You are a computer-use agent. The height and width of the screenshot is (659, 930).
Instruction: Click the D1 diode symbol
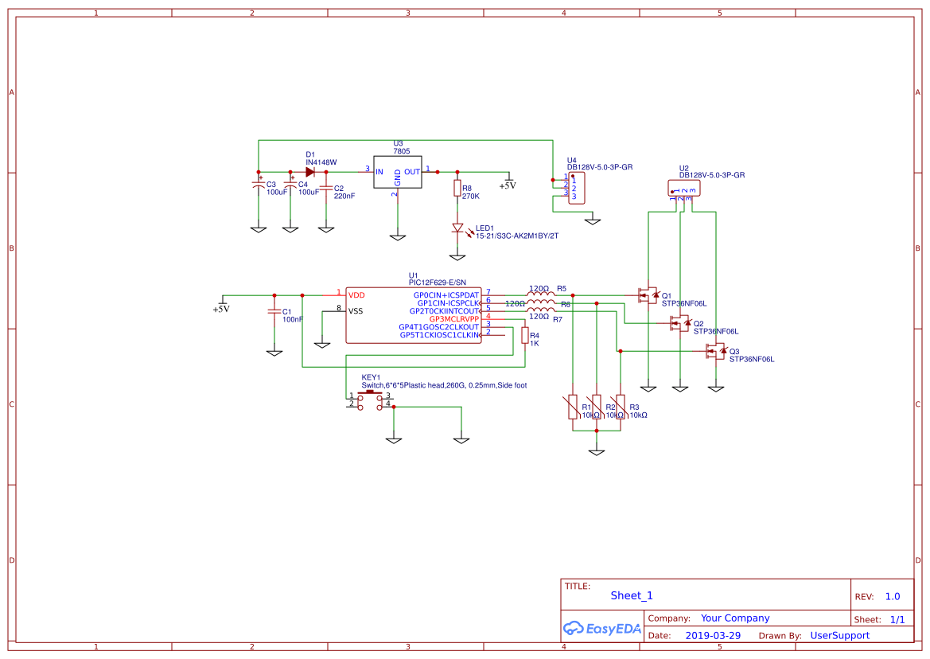(x=310, y=171)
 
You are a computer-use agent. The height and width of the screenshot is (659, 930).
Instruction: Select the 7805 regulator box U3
(x=397, y=171)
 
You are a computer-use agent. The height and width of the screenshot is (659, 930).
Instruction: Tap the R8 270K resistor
(x=457, y=189)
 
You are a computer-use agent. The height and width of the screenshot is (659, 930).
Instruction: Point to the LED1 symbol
(x=457, y=228)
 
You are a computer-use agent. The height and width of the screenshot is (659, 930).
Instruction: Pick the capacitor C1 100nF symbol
(x=274, y=311)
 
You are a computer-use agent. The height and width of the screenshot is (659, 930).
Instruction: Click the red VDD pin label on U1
(x=356, y=294)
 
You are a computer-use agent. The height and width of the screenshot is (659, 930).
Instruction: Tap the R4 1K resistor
(x=524, y=336)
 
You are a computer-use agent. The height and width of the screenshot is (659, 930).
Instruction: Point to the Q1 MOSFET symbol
(x=648, y=295)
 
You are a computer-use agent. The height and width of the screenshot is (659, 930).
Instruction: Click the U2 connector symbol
(x=684, y=189)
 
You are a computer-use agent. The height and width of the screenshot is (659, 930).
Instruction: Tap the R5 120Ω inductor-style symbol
(x=541, y=294)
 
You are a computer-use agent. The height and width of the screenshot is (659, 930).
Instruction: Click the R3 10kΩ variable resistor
(x=621, y=406)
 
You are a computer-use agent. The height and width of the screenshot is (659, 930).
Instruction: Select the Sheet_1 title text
(x=632, y=595)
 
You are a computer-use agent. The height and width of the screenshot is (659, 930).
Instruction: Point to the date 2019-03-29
(x=713, y=635)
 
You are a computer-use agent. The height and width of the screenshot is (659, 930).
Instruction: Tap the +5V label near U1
(x=221, y=309)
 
